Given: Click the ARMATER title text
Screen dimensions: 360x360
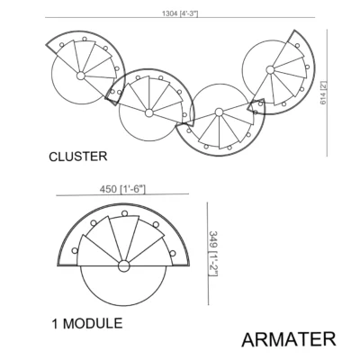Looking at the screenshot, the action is [289, 339].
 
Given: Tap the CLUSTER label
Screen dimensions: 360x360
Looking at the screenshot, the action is [78, 157].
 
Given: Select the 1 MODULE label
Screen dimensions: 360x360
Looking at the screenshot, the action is [87, 323].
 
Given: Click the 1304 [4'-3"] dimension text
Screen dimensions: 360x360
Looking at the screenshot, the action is [180, 13].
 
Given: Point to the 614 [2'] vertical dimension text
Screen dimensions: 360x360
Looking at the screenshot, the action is [323, 93].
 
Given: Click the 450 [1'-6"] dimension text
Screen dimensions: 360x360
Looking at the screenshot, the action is [122, 189].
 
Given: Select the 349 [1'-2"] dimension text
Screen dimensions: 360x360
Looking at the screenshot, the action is [213, 253].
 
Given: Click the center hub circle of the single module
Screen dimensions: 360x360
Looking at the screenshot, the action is [123, 266].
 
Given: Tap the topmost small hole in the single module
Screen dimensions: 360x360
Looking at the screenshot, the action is [124, 213].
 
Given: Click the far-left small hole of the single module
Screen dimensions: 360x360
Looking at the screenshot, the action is [75, 250].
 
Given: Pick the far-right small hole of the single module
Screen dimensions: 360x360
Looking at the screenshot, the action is [173, 254].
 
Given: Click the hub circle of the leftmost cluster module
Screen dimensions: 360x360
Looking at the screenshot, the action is [80, 76].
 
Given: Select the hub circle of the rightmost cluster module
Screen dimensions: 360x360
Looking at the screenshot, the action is [270, 70].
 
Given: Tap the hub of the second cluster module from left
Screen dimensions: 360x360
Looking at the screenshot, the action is [148, 113].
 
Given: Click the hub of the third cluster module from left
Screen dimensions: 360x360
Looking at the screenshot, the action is [219, 112].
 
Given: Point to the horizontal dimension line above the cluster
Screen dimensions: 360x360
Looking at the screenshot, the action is [180, 18].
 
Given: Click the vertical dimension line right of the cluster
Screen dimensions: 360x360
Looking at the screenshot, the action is [327, 93].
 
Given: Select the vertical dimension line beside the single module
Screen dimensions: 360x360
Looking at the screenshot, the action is [208, 254].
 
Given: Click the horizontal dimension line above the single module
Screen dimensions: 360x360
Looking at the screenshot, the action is [122, 195].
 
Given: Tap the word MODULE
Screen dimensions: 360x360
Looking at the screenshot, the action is [93, 323].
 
